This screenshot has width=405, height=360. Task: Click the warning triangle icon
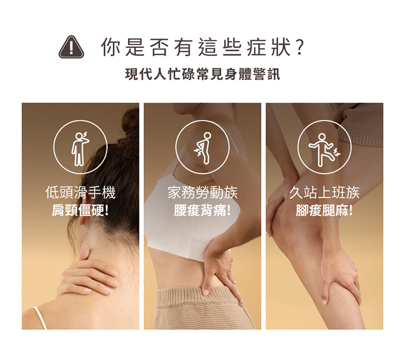click(x=71, y=47)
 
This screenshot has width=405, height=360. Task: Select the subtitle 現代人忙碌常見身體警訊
click(x=203, y=74)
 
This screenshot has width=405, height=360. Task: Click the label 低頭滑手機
click(x=80, y=193)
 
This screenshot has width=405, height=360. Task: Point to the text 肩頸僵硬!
click(x=80, y=210)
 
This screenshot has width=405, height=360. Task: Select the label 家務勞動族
click(x=203, y=193)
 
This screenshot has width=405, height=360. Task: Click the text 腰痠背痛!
click(x=203, y=210)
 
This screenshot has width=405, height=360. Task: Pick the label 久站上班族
click(x=325, y=193)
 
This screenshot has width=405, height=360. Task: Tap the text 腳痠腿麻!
click(x=325, y=210)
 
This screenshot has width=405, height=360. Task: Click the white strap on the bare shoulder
click(x=40, y=318)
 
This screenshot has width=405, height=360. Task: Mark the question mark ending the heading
click(x=299, y=47)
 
